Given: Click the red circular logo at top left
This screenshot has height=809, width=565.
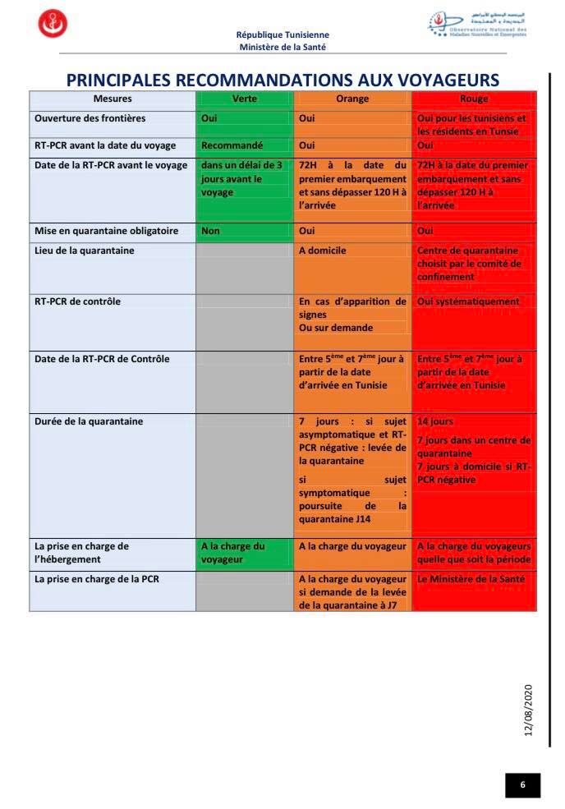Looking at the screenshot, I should click(x=53, y=24).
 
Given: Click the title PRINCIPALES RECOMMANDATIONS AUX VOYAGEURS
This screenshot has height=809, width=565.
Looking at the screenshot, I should click(x=282, y=80).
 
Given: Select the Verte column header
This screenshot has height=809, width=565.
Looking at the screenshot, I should click(x=244, y=99).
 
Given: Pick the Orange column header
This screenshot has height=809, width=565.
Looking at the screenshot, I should click(x=352, y=99).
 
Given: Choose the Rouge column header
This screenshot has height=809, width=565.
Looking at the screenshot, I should click(x=473, y=99).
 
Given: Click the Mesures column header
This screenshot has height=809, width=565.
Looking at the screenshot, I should click(x=113, y=99).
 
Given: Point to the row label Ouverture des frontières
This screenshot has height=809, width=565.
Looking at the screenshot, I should click(x=90, y=118).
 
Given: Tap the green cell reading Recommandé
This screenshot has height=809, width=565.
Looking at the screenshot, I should click(x=232, y=145).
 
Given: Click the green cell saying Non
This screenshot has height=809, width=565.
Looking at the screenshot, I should click(x=210, y=231).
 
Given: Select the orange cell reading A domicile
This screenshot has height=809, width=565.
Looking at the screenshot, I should click(x=322, y=251).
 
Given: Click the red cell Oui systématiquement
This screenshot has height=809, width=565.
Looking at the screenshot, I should click(x=468, y=301).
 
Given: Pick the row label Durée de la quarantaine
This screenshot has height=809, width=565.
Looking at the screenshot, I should click(x=89, y=421).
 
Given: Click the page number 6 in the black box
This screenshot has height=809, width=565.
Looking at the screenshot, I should click(x=522, y=785).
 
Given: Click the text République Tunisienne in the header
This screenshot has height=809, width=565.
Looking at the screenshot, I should click(x=282, y=35).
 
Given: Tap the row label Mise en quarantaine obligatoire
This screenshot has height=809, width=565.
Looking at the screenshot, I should click(x=106, y=231).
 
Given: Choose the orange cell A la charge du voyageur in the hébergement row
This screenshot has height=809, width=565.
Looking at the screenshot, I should click(x=352, y=545).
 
